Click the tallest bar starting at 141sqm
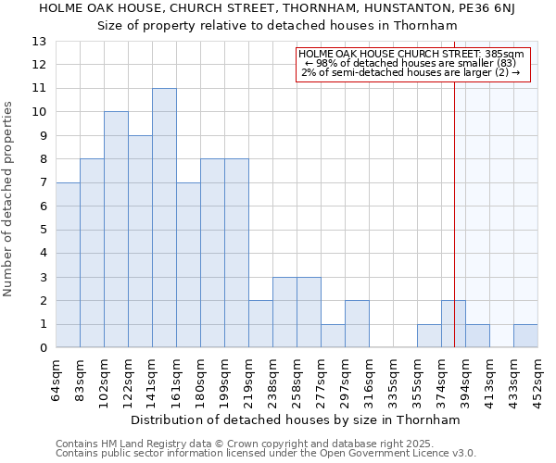coord(164,218)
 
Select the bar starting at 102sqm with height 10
coord(116,230)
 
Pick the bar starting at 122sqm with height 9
coord(140,242)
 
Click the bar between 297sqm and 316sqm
coord(357,324)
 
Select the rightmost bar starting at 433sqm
coord(525,336)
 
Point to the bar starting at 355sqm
coord(429,336)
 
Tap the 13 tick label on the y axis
coord(39,42)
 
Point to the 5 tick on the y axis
coord(43,230)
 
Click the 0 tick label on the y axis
coord(43,348)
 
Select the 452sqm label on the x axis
coord(538,379)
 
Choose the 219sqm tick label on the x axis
coord(249,379)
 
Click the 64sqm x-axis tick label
coord(57,379)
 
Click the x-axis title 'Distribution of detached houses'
coord(296,419)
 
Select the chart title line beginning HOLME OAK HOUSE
coord(278,8)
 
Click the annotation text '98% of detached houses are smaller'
coord(412,63)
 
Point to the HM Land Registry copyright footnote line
coord(264,444)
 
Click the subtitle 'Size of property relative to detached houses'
coord(278,25)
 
